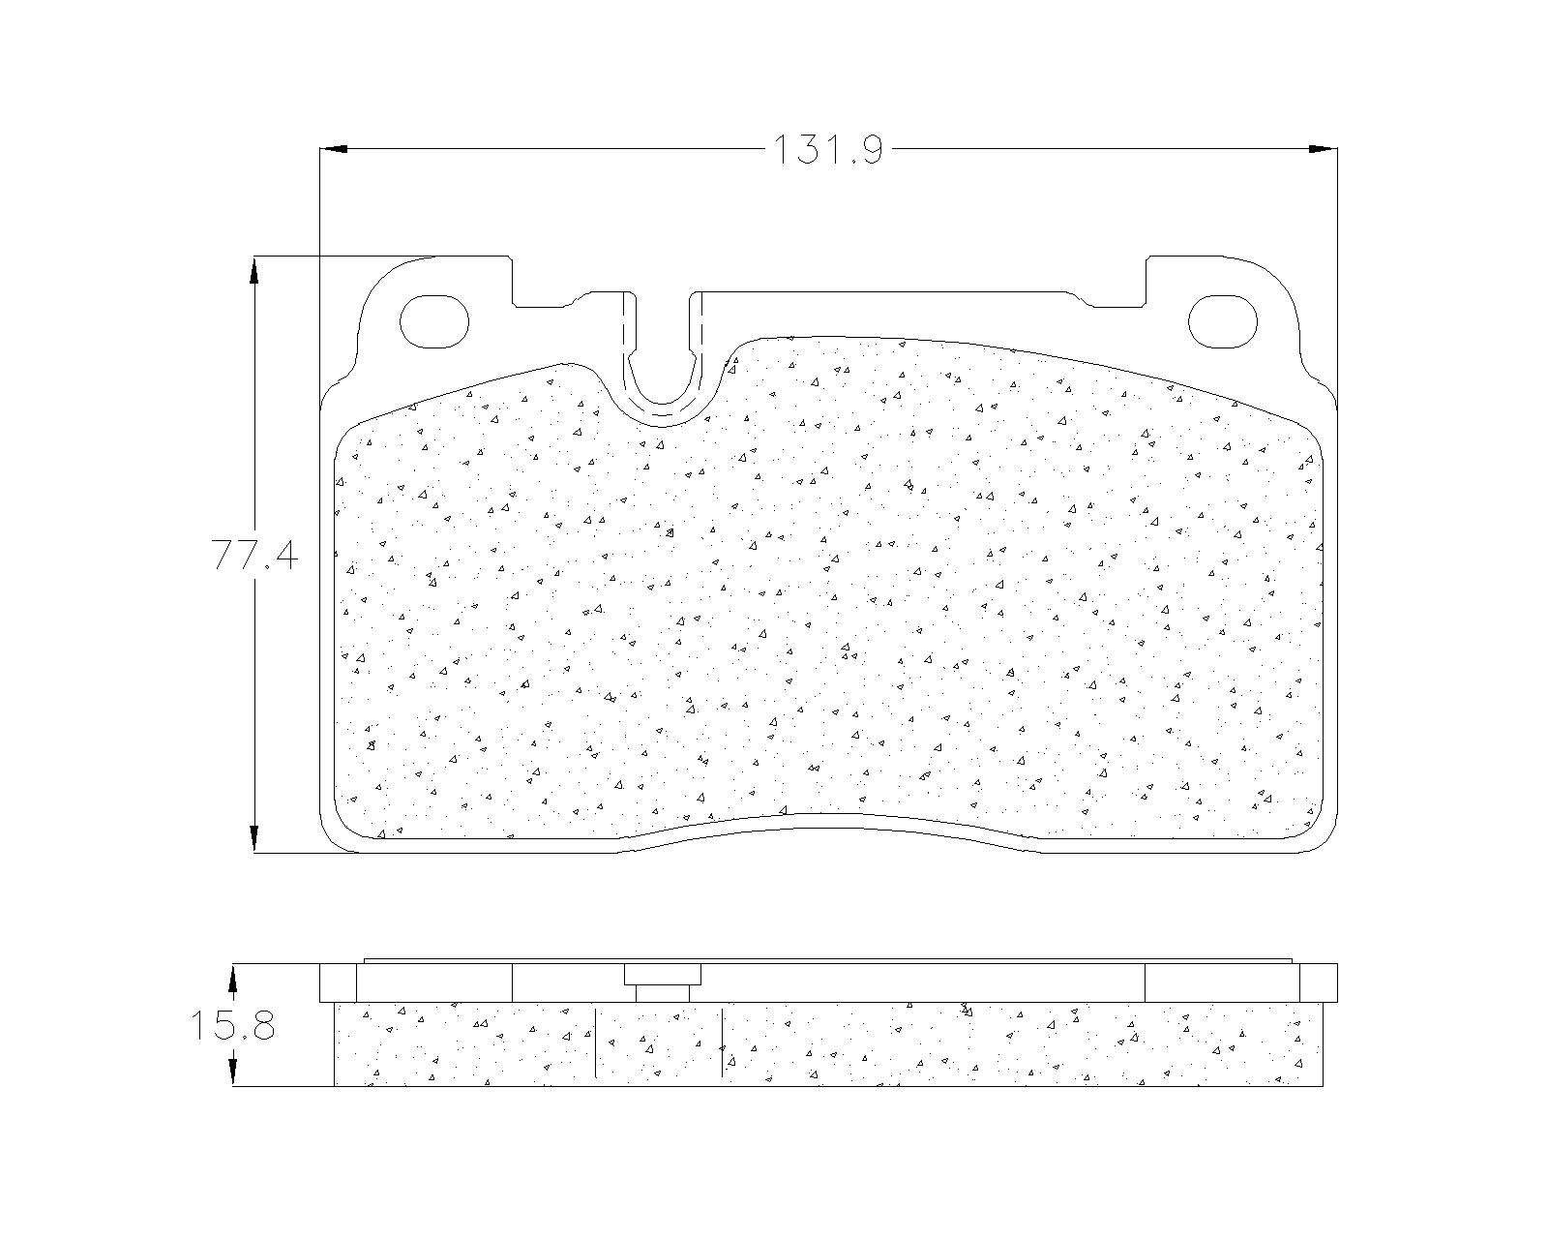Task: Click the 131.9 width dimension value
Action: coord(827,150)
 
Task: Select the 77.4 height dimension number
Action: coord(255,555)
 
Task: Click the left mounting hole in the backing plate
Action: coord(433,321)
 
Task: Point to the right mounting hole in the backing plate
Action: coord(1223,321)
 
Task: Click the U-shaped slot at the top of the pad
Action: coord(663,404)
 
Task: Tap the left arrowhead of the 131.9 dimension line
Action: coord(334,149)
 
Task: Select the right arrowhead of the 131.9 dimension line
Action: coord(1323,149)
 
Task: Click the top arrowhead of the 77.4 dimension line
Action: coord(253,271)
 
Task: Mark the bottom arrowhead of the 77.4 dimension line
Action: coord(253,838)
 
